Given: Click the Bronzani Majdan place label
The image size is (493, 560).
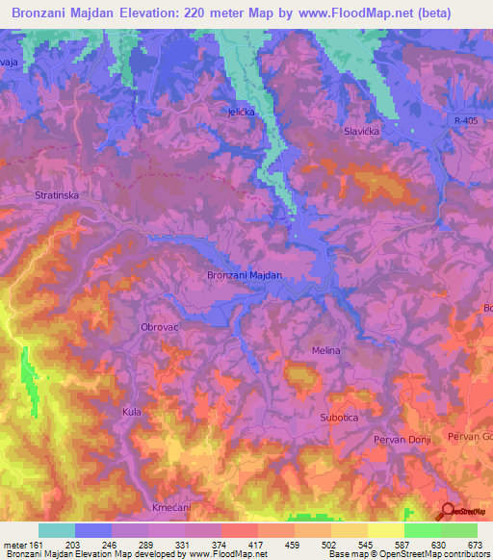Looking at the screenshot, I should point(245,275).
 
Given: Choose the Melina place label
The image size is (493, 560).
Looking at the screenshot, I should point(325,350).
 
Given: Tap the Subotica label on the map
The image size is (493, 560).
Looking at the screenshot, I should point(339,418).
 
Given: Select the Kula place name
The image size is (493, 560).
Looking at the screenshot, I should point(131,412).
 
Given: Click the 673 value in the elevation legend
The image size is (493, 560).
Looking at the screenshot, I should point(475,544).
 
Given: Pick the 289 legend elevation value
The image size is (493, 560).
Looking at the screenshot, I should point(149,544).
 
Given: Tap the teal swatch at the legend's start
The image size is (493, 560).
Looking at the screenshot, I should point(56,530).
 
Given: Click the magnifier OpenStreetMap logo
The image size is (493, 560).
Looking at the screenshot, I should point(448,512).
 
